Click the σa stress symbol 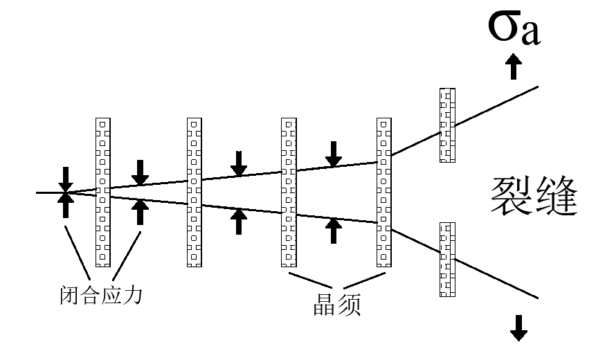(x=511, y=30)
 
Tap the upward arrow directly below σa (x=513, y=67)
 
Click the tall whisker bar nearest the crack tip (x=102, y=192)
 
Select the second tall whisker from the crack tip (x=195, y=192)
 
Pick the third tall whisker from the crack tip (x=289, y=192)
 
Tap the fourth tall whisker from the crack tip (x=383, y=192)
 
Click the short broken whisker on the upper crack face (x=448, y=125)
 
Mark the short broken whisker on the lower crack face (x=448, y=259)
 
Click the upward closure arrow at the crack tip (x=65, y=205)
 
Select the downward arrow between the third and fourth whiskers (x=334, y=153)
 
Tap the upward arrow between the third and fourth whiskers (x=334, y=231)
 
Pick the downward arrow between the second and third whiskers (x=239, y=162)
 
